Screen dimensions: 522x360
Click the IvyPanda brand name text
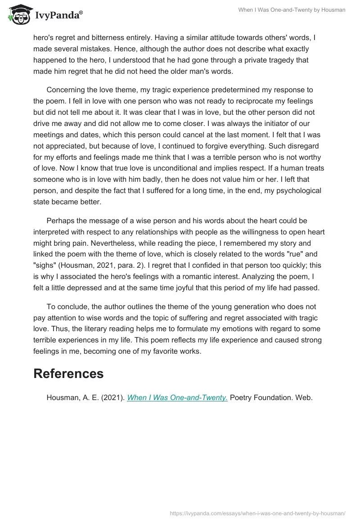(58, 16)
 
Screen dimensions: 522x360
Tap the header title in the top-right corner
(292, 10)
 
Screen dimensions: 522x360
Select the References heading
(68, 373)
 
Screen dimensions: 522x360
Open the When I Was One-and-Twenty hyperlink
(177, 398)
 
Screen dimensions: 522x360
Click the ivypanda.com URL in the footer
(258, 513)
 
